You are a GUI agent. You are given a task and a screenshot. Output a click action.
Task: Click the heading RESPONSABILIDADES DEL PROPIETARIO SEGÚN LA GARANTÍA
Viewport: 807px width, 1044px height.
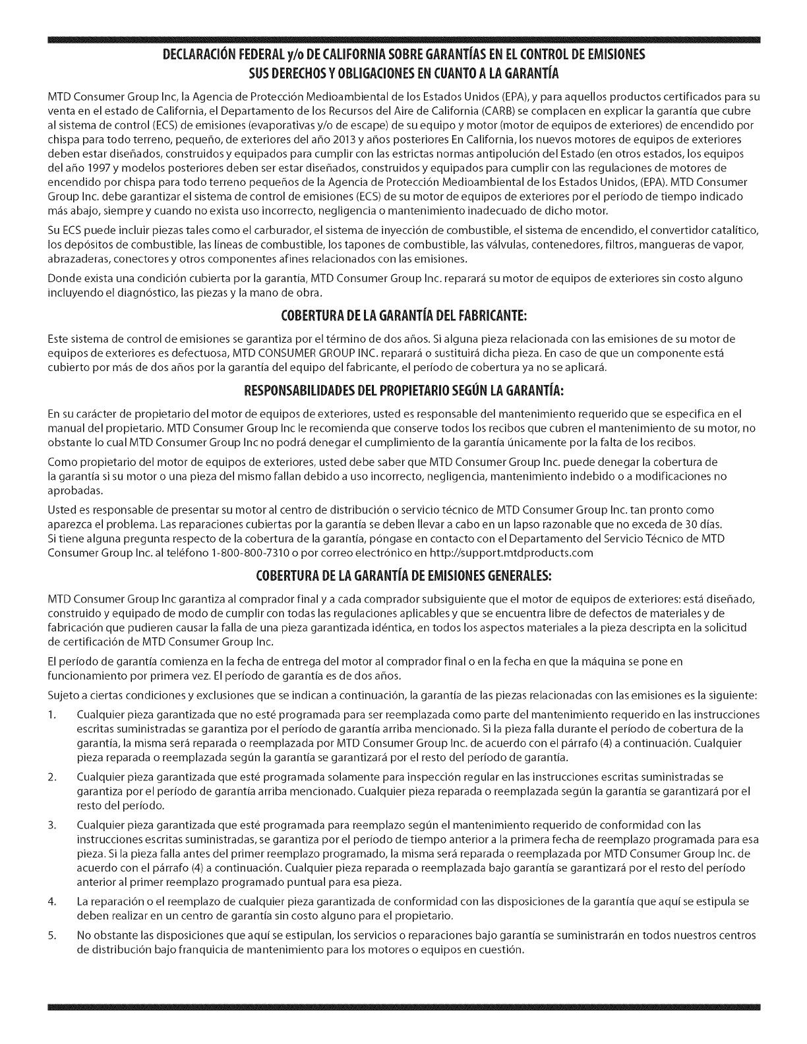[403, 392]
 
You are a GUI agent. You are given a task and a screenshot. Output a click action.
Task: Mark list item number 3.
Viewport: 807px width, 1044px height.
[53, 825]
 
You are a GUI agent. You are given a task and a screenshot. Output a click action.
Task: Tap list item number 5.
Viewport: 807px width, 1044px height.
[53, 936]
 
